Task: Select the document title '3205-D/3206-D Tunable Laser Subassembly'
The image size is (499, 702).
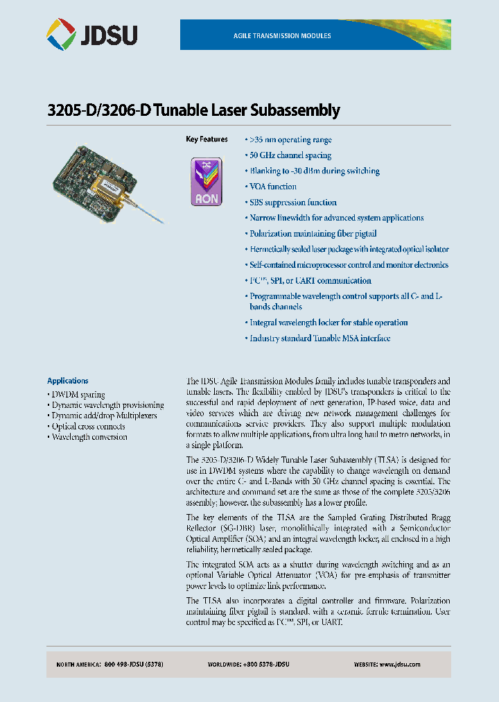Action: click(193, 110)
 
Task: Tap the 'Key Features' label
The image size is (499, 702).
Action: click(207, 139)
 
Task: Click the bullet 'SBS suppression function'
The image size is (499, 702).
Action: click(292, 203)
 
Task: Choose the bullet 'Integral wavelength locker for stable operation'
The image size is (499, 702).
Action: click(329, 323)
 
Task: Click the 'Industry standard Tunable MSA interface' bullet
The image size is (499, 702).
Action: click(319, 339)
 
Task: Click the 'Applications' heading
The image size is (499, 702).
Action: click(67, 381)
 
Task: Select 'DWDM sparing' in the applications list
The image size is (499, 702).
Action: click(78, 395)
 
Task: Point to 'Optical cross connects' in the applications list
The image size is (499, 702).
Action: click(88, 427)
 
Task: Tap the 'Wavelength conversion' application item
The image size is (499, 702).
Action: click(89, 437)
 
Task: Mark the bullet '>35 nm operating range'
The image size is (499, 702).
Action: click(290, 140)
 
